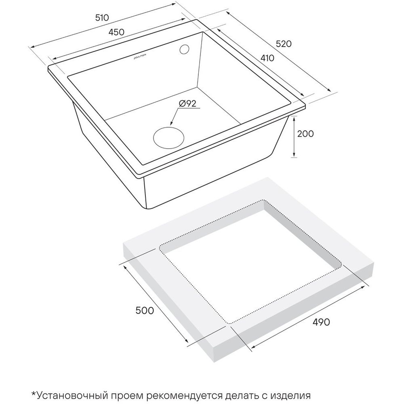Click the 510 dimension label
point(102,18)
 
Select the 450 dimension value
point(116,32)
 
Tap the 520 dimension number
point(284,44)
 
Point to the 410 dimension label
point(267,58)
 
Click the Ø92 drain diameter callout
point(187,103)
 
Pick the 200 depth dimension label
point(305,134)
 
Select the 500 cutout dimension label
point(145,311)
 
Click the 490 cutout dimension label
point(321,322)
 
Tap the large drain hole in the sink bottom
point(169,137)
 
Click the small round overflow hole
point(184,49)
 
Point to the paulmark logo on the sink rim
point(140,57)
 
